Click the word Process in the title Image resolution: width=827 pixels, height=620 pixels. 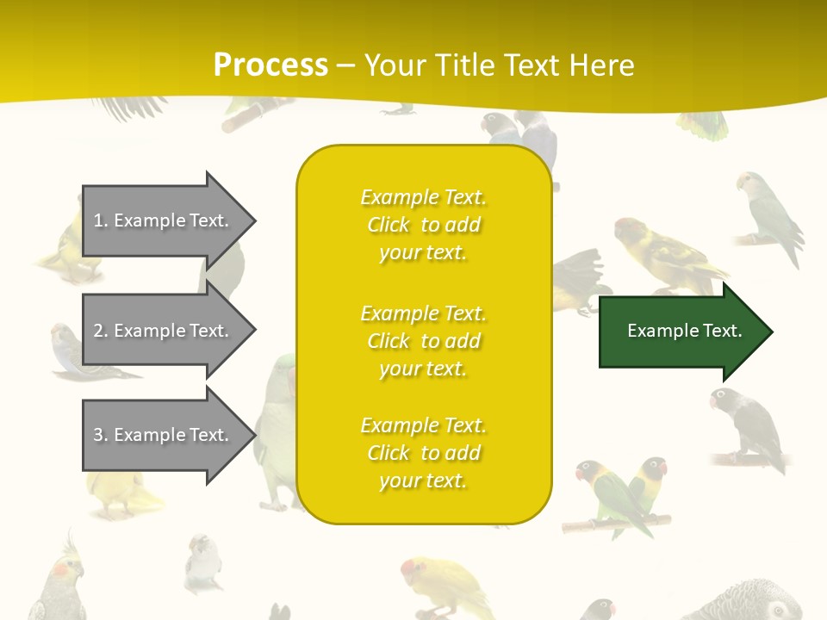coord(270,65)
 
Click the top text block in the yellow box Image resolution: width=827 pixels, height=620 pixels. coord(423,225)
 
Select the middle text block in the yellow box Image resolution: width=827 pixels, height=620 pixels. coord(423,341)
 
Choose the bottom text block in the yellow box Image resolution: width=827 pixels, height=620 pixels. coord(423,453)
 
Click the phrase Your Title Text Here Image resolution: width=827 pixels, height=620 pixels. coord(499,65)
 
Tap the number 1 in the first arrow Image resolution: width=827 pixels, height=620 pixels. coord(98,220)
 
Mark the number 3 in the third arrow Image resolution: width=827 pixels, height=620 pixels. coord(98,435)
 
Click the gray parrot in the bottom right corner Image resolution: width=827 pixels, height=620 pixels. coord(758,603)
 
